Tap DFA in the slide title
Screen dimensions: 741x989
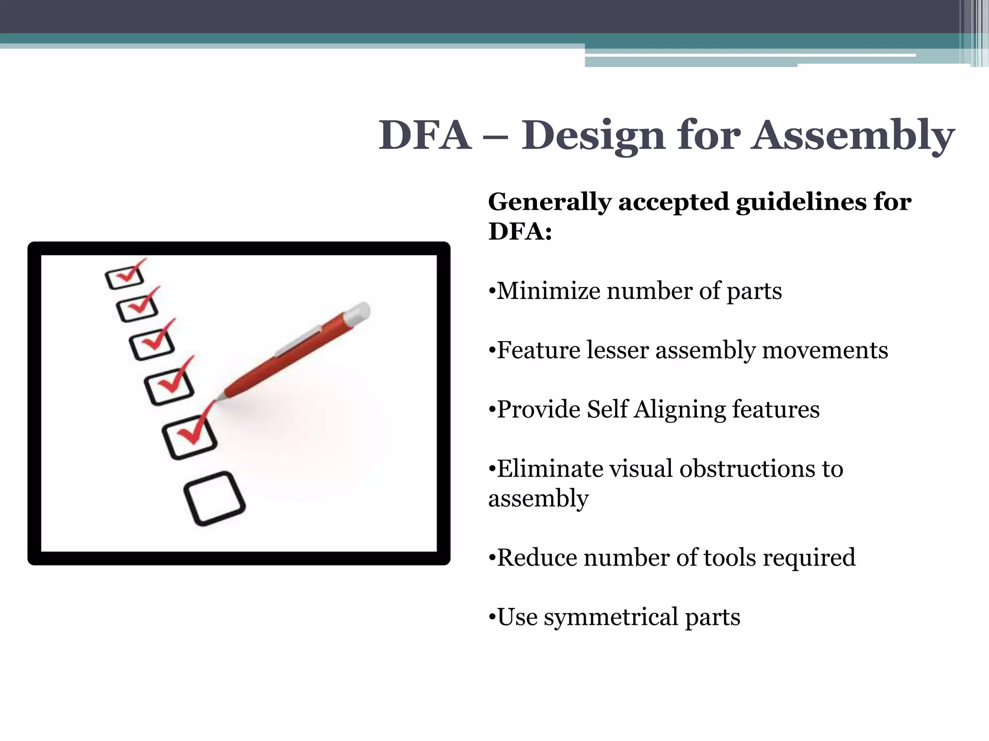tap(424, 136)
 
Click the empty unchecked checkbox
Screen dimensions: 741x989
tap(214, 498)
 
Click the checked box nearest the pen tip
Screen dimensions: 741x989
tap(190, 436)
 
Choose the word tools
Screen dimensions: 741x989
tap(730, 558)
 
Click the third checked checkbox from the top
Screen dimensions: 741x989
tap(153, 344)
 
